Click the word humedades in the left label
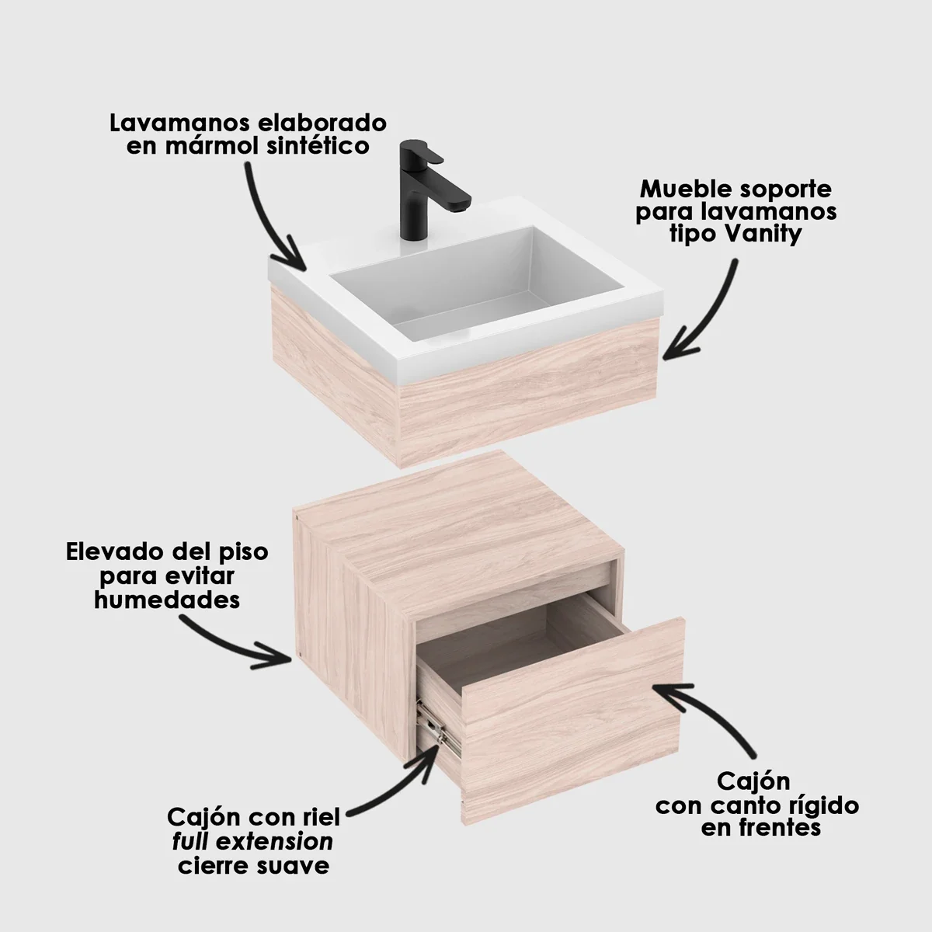(x=166, y=600)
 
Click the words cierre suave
(x=253, y=865)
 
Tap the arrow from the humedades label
(x=233, y=641)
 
